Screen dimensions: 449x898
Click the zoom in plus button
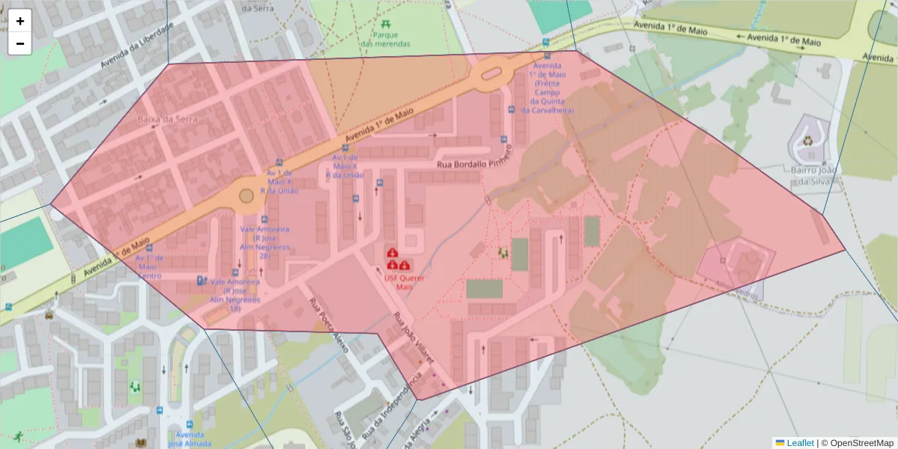point(20,21)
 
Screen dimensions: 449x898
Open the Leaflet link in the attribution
point(799,443)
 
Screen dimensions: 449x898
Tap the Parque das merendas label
point(385,40)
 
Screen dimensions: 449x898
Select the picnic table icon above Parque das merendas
point(385,22)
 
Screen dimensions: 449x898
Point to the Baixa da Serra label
point(161,119)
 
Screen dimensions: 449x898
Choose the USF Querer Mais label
point(404,282)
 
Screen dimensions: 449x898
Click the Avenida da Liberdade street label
point(137,45)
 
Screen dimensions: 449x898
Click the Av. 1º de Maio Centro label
point(149,266)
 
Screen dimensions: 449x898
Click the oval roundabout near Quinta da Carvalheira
point(491,73)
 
